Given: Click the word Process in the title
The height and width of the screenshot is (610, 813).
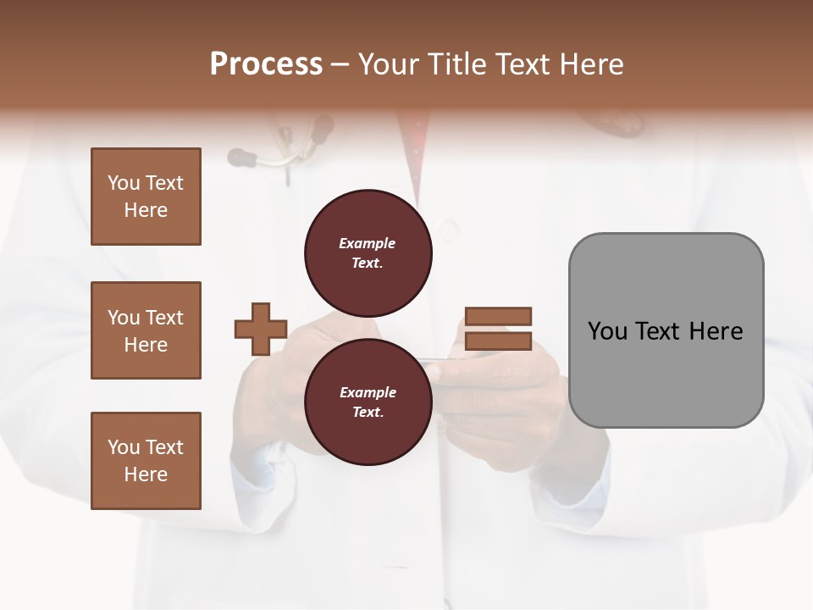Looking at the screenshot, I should pyautogui.click(x=266, y=64).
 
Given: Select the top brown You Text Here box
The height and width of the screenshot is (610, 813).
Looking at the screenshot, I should pyautogui.click(x=146, y=197).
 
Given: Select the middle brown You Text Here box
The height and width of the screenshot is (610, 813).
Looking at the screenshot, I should pyautogui.click(x=146, y=330).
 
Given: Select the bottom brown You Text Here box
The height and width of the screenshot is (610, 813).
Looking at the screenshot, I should pyautogui.click(x=146, y=461).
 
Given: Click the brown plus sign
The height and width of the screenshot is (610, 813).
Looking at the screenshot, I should pyautogui.click(x=261, y=329).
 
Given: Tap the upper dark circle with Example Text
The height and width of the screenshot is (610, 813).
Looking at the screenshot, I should pyautogui.click(x=368, y=252).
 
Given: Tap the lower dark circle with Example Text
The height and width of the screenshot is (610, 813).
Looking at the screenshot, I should pyautogui.click(x=368, y=402).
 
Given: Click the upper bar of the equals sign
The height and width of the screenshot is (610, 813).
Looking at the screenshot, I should pyautogui.click(x=498, y=317).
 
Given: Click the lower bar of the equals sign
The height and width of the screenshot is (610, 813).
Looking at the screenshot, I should pyautogui.click(x=498, y=341).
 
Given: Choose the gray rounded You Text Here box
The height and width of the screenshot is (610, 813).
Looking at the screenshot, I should pyautogui.click(x=666, y=330).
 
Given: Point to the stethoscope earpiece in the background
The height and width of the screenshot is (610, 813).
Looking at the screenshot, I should pyautogui.click(x=241, y=156).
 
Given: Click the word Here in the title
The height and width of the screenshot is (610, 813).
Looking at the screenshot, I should pyautogui.click(x=592, y=64).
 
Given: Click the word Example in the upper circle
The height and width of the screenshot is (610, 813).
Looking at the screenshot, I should pyautogui.click(x=368, y=243).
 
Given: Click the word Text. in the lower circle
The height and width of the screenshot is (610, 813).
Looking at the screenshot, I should pyautogui.click(x=368, y=413).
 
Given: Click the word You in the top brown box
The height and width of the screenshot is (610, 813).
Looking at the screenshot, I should pyautogui.click(x=124, y=183).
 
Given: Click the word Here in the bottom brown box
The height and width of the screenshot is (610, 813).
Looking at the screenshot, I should pyautogui.click(x=146, y=474).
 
